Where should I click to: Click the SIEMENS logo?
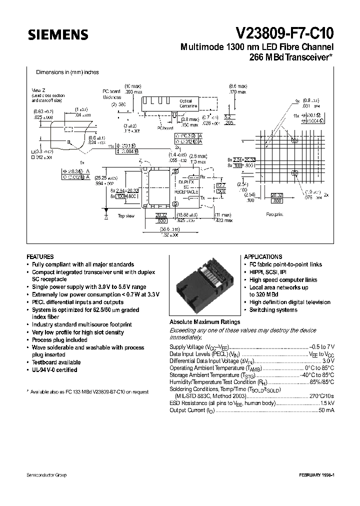pyautogui.click(x=57, y=34)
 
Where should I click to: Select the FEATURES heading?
pyautogui.click(x=40, y=256)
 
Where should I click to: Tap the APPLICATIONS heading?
pyautogui.click(x=262, y=256)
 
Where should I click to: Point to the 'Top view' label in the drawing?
pyautogui.click(x=126, y=216)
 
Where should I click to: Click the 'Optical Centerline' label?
pyautogui.click(x=188, y=103)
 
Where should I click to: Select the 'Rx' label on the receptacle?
pyautogui.click(x=202, y=177)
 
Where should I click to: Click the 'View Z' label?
pyautogui.click(x=38, y=89)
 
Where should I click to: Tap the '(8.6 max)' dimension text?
pyautogui.click(x=237, y=86)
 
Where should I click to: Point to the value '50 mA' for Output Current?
pyautogui.click(x=326, y=410)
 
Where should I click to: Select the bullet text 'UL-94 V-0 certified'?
pyautogui.click(x=54, y=370)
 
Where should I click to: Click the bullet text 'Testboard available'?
pyautogui.click(x=56, y=362)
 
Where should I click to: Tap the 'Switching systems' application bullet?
pyautogui.click(x=273, y=310)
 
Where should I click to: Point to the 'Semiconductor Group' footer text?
pyautogui.click(x=46, y=475)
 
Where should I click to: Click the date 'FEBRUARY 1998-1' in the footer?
pyautogui.click(x=316, y=475)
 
